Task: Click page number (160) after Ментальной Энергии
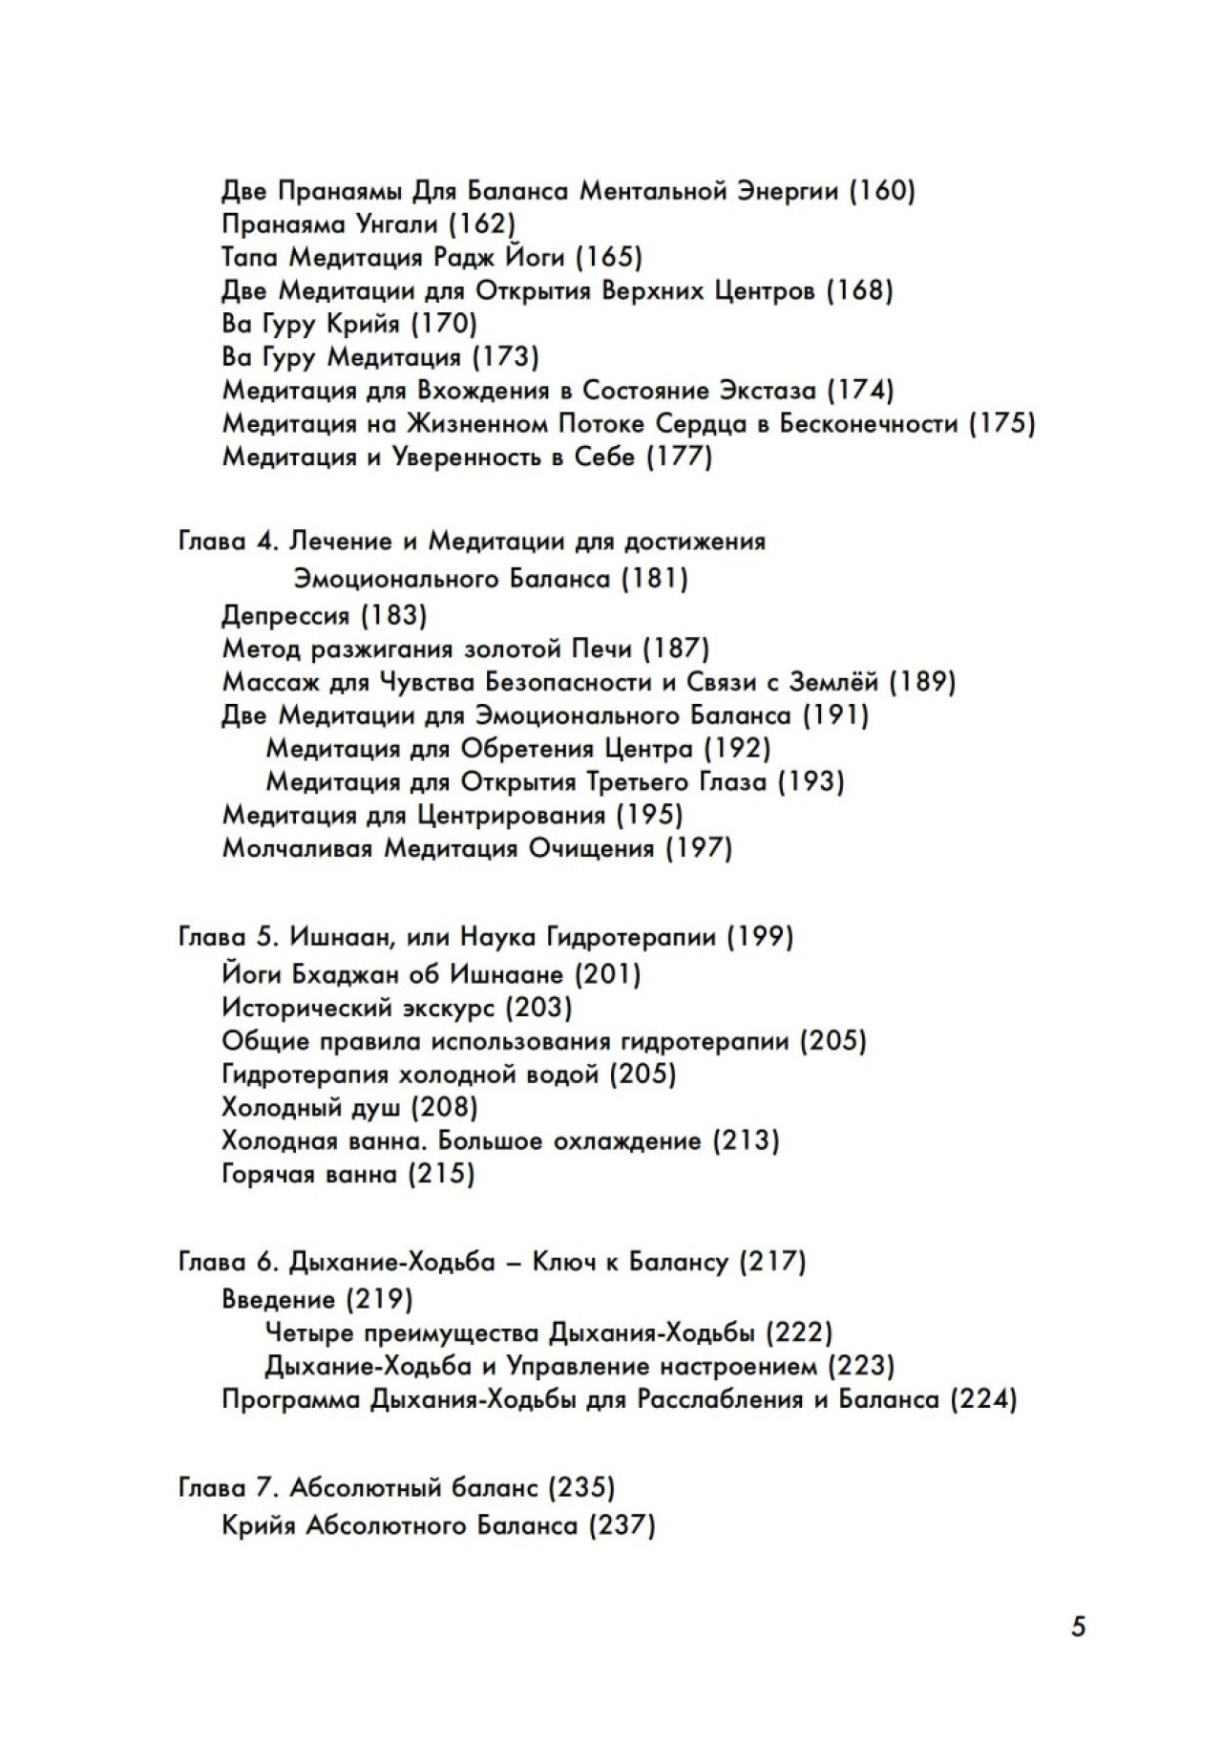pyautogui.click(x=881, y=191)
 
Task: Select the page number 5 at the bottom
pyautogui.click(x=1079, y=1627)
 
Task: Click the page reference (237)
pyautogui.click(x=622, y=1526)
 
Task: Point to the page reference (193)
pyautogui.click(x=811, y=782)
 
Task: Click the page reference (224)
pyautogui.click(x=983, y=1400)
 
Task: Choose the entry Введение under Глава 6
pyautogui.click(x=278, y=1300)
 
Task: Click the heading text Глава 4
pyautogui.click(x=226, y=543)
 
